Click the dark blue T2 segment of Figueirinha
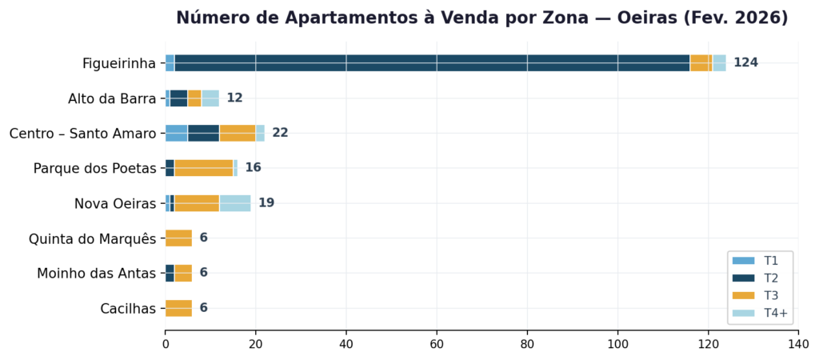click(432, 63)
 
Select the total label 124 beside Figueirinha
click(745, 63)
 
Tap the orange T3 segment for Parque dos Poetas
click(203, 168)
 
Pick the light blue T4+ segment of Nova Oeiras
click(235, 203)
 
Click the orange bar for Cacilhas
click(178, 308)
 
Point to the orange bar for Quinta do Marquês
click(178, 238)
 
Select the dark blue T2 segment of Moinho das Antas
click(170, 273)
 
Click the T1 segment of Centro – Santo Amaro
click(176, 133)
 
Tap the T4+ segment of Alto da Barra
click(210, 98)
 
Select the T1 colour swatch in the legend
click(744, 261)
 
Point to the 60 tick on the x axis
click(437, 344)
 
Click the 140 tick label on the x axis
click(797, 344)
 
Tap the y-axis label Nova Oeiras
click(115, 203)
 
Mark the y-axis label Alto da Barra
click(112, 98)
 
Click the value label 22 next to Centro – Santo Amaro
click(280, 133)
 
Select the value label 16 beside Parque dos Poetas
click(253, 168)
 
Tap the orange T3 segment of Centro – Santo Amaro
click(238, 133)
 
